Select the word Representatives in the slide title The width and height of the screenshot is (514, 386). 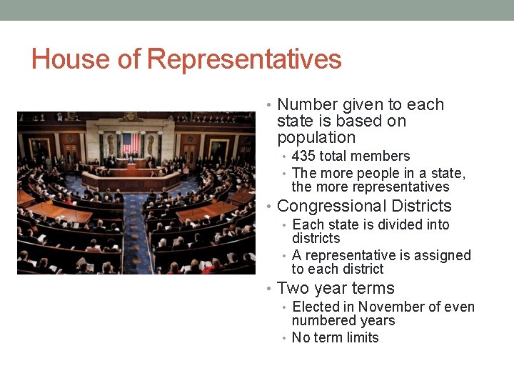point(243,59)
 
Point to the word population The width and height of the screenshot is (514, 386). point(316,138)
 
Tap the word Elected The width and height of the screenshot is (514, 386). point(316,307)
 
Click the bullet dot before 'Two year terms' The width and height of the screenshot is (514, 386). point(267,289)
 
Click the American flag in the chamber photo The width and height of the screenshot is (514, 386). point(130,142)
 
